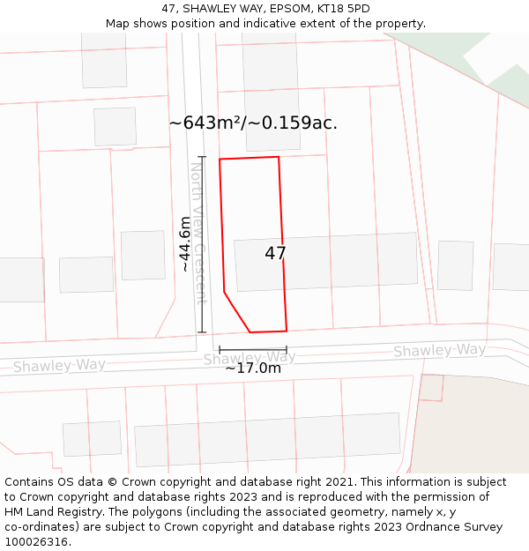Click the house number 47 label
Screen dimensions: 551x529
[275, 254]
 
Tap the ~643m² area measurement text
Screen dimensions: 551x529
[253, 123]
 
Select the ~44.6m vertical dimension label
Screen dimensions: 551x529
[185, 243]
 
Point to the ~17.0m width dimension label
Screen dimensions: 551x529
[253, 369]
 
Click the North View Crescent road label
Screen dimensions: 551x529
[198, 233]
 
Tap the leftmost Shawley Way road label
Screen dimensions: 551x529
[59, 365]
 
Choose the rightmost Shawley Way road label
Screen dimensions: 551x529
[439, 350]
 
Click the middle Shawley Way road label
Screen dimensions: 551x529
[250, 357]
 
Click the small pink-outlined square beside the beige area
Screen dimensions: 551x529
[431, 387]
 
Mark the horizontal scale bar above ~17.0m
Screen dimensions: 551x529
[253, 350]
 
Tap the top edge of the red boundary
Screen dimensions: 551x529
[250, 159]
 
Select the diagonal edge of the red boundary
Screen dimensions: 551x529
[237, 312]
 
